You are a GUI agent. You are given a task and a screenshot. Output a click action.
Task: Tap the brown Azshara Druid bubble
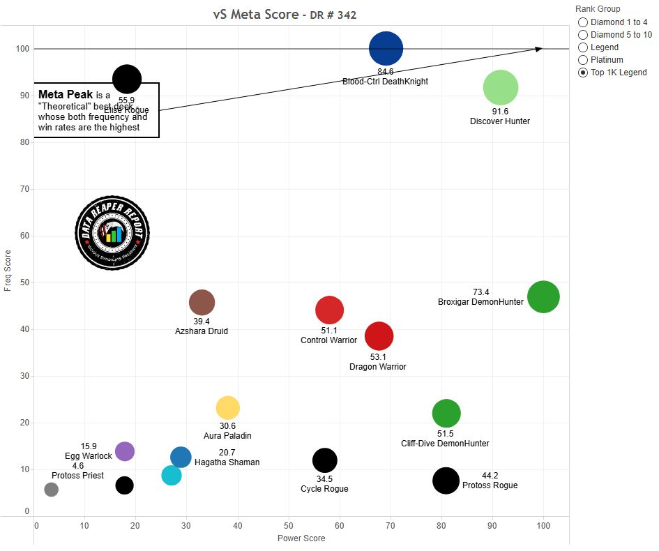click(x=202, y=303)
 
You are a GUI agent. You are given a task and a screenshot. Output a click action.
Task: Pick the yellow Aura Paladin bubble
click(x=228, y=407)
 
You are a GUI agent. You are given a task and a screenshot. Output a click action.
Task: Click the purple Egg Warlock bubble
click(x=124, y=451)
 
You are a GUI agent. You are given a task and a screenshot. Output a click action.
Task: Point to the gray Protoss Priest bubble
click(x=51, y=490)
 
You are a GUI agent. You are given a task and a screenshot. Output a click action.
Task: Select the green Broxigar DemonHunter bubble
click(x=543, y=297)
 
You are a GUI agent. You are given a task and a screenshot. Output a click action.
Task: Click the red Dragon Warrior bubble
click(x=379, y=336)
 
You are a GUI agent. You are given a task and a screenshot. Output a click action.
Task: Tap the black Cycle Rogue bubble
click(x=324, y=460)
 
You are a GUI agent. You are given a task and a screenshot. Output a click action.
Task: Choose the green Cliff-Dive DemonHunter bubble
click(x=446, y=414)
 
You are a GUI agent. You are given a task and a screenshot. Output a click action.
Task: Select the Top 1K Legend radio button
click(x=583, y=73)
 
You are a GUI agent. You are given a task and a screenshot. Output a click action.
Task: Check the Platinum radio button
click(x=583, y=60)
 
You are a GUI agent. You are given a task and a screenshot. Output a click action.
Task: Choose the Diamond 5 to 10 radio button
click(x=583, y=35)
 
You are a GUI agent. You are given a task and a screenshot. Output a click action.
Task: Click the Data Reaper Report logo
click(x=112, y=232)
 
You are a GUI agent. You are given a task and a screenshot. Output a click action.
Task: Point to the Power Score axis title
click(x=301, y=538)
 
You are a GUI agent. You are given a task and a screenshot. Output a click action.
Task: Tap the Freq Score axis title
click(x=8, y=270)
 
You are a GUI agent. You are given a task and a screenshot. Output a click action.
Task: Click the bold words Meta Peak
click(x=66, y=94)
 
